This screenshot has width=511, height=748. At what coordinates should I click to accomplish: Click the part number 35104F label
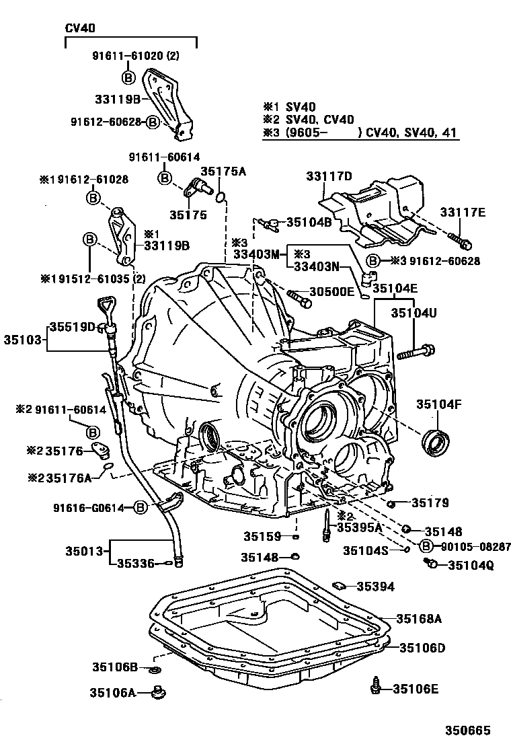pyautogui.click(x=438, y=404)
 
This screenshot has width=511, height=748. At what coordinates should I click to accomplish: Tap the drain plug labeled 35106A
pyautogui.click(x=159, y=691)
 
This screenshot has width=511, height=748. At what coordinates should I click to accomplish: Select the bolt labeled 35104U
pyautogui.click(x=416, y=350)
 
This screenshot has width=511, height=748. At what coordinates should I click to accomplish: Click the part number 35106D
pyautogui.click(x=422, y=648)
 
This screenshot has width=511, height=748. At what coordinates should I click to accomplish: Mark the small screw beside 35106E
pyautogui.click(x=376, y=687)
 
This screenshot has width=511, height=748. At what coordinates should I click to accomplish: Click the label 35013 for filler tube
pyautogui.click(x=84, y=551)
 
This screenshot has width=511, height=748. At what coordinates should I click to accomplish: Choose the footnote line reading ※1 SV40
pyautogui.click(x=288, y=106)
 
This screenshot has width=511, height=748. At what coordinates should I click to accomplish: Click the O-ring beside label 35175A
pyautogui.click(x=220, y=196)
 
